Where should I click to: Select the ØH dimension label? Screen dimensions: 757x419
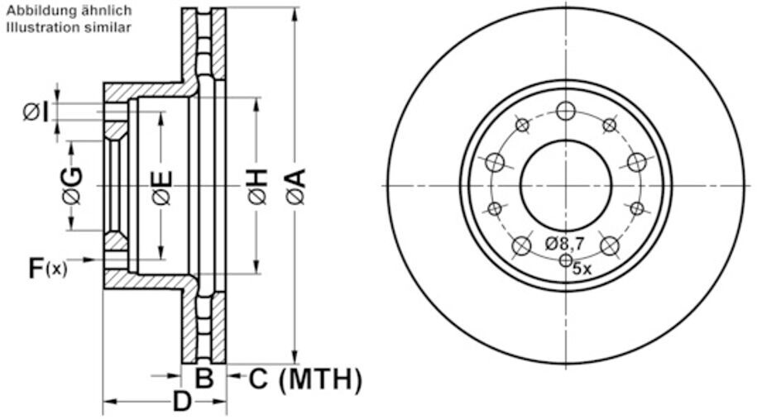pos(256,186)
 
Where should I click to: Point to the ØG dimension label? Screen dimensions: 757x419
pos(72,185)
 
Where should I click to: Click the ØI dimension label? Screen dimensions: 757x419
pos(35,111)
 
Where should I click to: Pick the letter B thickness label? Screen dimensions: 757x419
pos(204,379)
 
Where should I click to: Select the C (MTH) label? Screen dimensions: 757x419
pos(305,379)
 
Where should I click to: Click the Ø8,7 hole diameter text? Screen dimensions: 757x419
pos(565,243)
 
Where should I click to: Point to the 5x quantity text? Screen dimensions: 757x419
pos(582,269)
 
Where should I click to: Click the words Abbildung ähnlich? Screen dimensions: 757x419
pos(69,11)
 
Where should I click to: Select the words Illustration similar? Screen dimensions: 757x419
pos(69,27)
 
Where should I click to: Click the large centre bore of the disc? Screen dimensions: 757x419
pos(566,185)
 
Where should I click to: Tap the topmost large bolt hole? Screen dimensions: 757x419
pos(566,111)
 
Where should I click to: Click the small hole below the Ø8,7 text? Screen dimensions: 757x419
pos(566,261)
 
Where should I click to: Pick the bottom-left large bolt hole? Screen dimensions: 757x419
pos(522,245)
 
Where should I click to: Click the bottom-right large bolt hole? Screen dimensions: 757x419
pos(610,245)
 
